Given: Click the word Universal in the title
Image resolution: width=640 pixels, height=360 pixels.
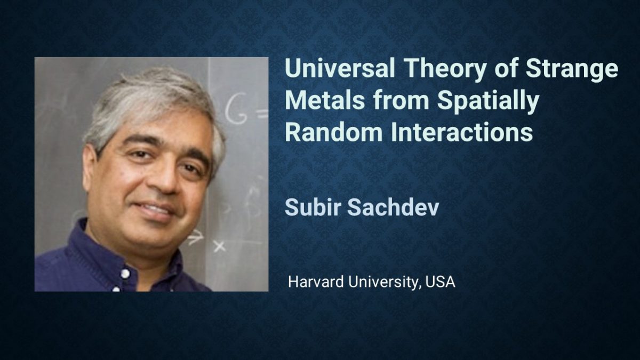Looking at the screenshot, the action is coord(340,68).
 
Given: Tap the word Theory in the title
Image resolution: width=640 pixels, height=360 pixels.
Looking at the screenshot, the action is coord(445,70).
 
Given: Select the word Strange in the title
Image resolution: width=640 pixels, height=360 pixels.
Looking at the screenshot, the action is coord(572,70).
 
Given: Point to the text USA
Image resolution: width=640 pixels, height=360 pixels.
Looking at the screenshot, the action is coord(439,282).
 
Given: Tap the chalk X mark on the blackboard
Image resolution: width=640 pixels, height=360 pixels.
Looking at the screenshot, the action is coord(219,246).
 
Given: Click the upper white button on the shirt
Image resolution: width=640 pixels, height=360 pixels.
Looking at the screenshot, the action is coord(125,274).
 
